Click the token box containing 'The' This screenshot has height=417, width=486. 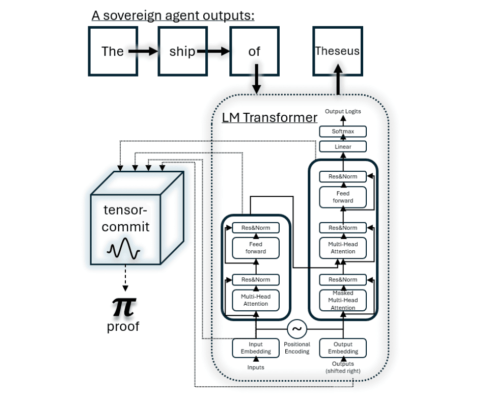(113, 51)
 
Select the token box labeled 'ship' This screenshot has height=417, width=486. (183, 51)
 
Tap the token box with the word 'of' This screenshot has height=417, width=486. (255, 51)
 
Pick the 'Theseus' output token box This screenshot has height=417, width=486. (338, 51)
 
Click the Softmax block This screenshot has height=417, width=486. (343, 131)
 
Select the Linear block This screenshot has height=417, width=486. (343, 147)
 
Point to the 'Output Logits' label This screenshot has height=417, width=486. (343, 111)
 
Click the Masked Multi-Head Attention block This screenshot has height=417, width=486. (343, 300)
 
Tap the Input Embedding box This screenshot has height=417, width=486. (256, 348)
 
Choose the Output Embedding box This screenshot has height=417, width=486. (343, 348)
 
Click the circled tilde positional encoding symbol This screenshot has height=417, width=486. (297, 329)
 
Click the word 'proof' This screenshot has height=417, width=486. (123, 326)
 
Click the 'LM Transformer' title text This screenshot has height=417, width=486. (270, 117)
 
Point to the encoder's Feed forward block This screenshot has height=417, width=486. (256, 248)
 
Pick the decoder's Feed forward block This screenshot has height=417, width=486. (343, 197)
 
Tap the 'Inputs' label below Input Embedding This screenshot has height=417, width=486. (256, 367)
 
